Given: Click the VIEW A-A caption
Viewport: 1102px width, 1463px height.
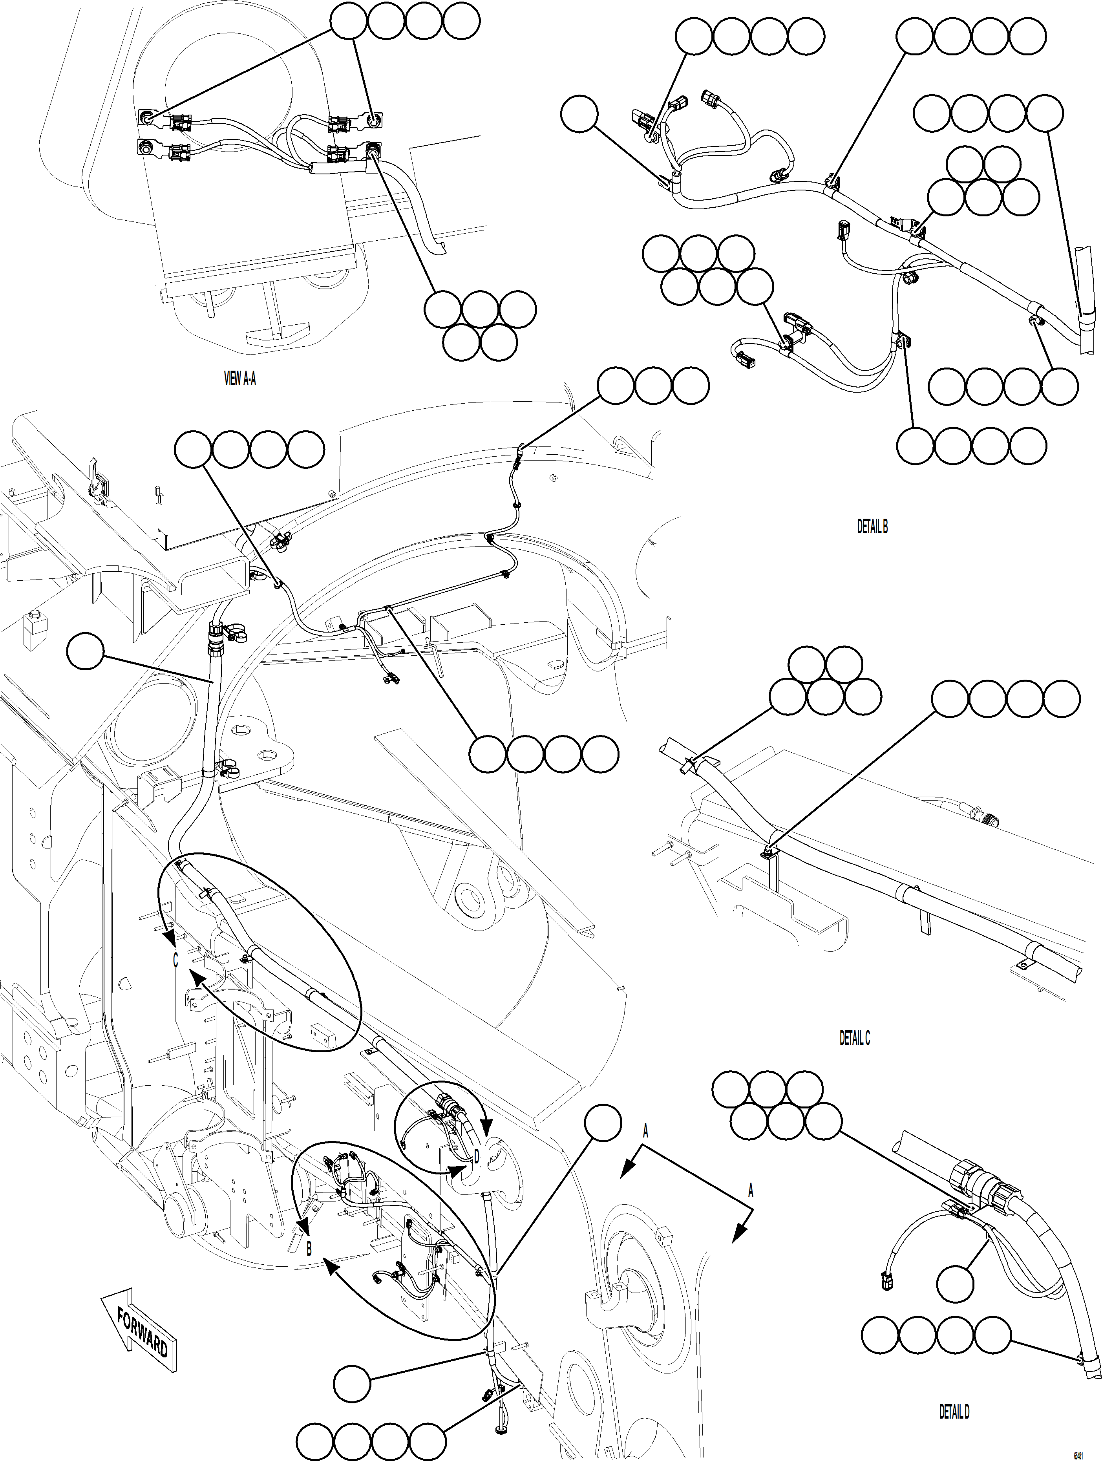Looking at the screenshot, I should tap(239, 379).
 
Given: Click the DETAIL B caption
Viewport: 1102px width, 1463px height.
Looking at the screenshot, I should tap(872, 527).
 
